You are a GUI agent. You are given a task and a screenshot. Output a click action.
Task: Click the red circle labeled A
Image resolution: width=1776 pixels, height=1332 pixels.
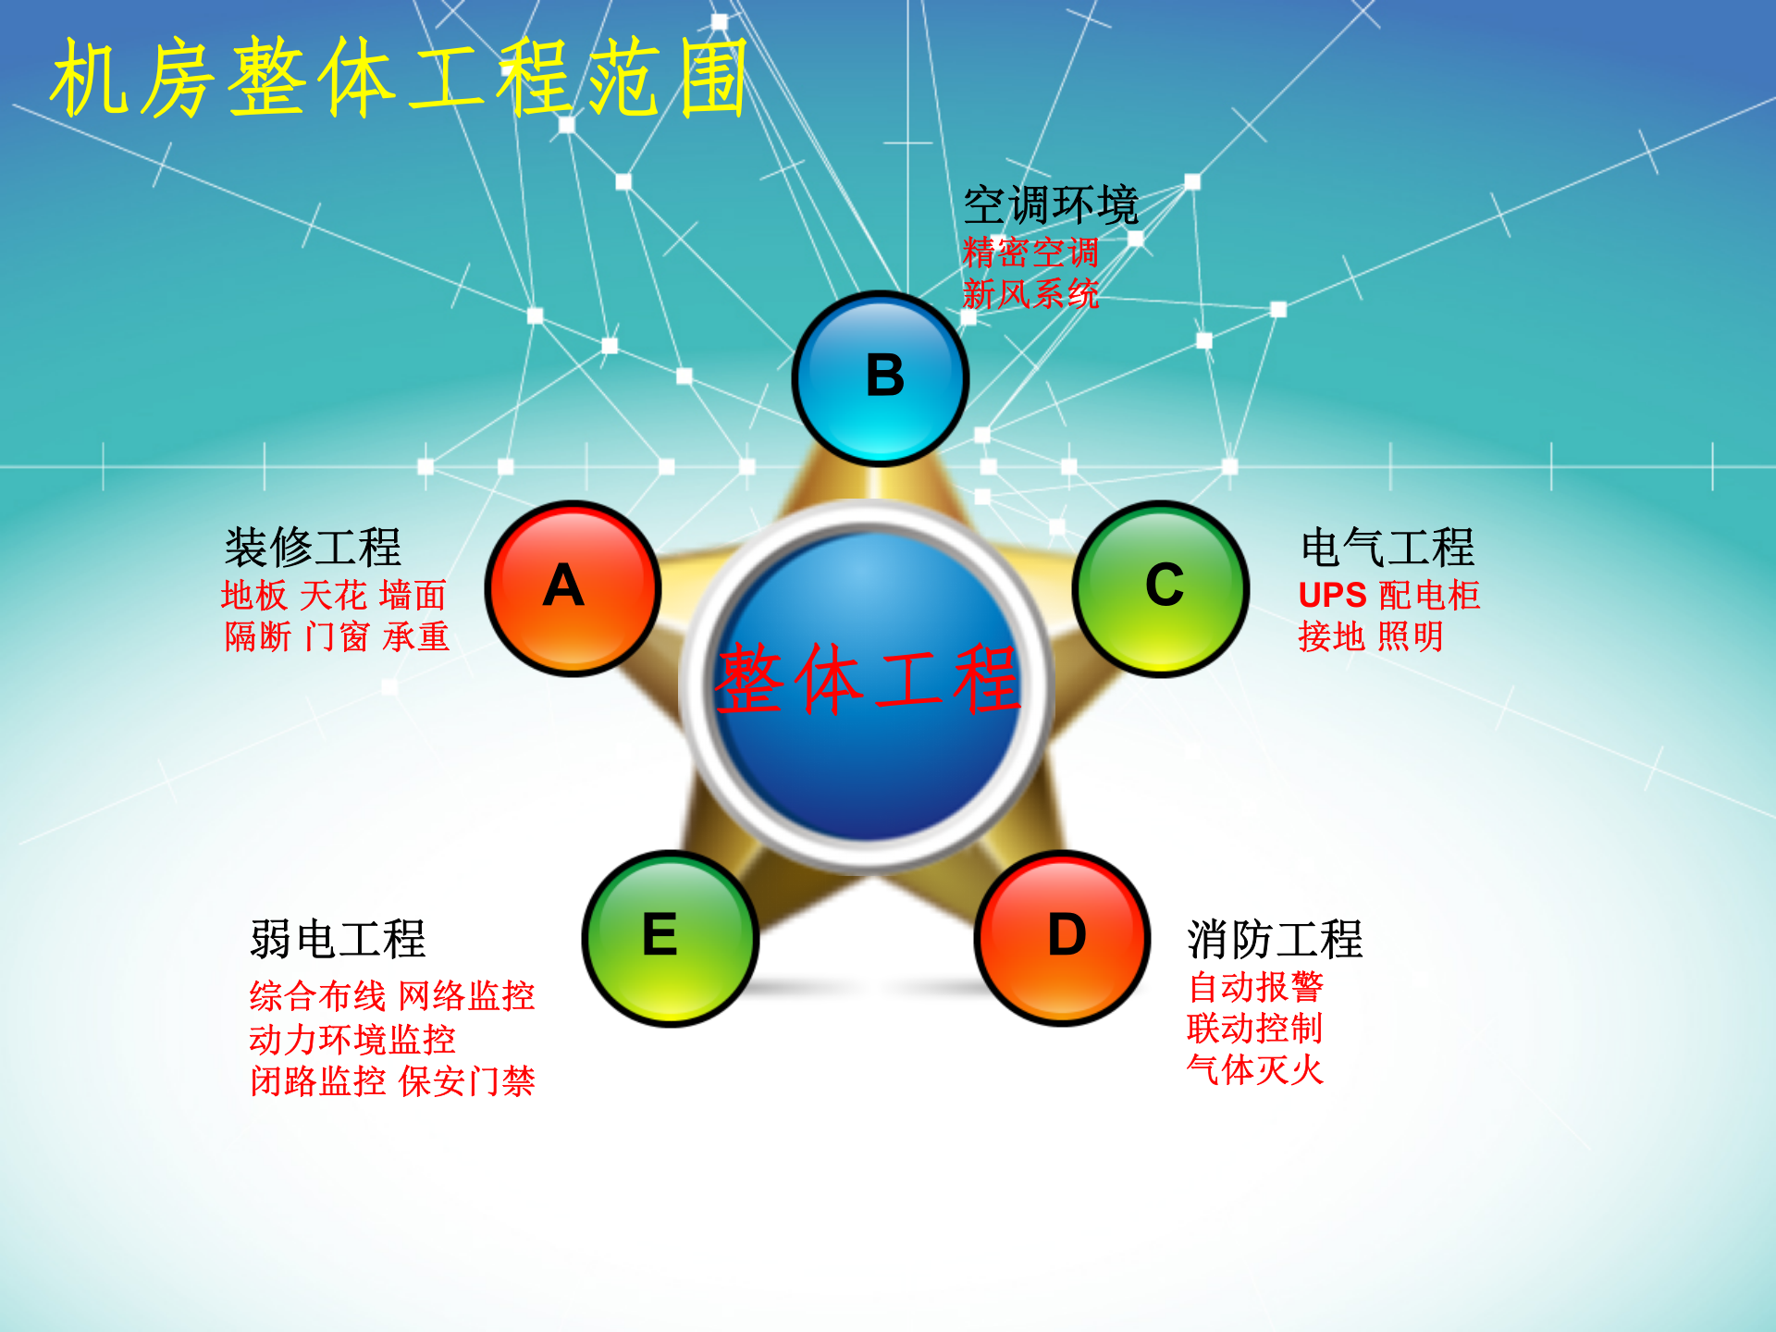573,588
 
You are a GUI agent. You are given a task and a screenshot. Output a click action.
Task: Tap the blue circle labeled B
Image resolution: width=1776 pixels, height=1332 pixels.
881,377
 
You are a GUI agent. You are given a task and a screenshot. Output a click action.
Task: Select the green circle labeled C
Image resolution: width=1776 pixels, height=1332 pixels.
1162,588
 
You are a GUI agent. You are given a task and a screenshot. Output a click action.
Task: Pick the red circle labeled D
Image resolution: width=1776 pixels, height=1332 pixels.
1064,938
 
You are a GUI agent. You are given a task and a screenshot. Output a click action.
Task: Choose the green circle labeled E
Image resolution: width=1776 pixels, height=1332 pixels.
670,938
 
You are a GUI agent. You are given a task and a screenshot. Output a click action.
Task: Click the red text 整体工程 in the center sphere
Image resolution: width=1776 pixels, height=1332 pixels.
868,680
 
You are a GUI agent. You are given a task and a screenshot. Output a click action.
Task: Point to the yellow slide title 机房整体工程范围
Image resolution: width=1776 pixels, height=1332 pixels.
400,80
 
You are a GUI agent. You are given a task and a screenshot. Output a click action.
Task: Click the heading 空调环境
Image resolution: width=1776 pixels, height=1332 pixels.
1051,204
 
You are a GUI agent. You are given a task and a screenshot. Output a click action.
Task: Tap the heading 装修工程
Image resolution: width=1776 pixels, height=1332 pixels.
313,548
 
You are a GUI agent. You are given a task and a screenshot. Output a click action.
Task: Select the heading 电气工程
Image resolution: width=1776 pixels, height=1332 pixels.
1387,548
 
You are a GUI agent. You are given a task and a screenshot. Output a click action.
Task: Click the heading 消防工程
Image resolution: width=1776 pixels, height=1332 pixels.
1275,940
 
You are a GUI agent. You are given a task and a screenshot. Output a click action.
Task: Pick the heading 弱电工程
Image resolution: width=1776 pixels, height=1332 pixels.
338,940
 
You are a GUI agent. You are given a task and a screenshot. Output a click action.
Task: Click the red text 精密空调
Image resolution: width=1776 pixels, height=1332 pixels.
1030,252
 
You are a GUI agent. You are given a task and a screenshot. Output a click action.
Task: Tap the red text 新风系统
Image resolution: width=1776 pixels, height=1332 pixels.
1030,294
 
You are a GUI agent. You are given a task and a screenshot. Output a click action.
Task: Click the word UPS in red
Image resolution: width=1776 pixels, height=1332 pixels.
1332,595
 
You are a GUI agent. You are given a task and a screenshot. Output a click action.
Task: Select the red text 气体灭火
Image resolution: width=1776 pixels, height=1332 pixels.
1255,1070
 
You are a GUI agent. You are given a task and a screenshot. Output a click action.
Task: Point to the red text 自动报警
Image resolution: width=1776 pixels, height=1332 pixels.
1255,987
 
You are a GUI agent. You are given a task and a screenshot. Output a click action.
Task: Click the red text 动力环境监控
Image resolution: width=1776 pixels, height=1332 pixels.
351,1040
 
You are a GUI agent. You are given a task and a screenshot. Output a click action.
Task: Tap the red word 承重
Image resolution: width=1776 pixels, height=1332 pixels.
416,636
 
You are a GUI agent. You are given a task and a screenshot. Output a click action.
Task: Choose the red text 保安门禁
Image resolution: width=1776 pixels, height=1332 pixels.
467,1081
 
